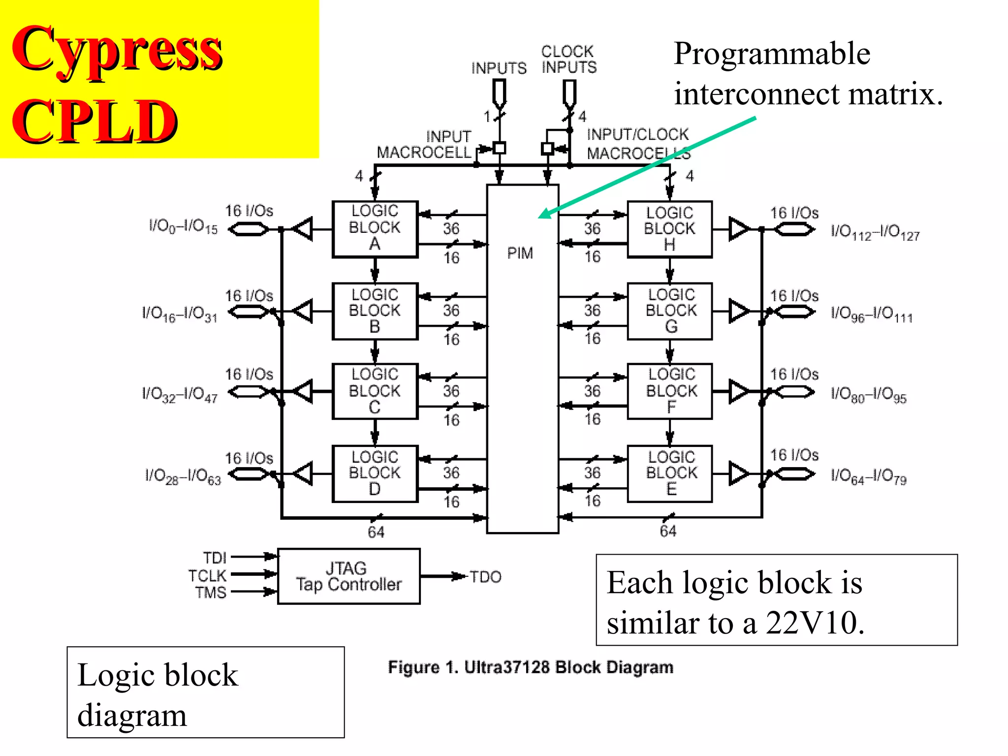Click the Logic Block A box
tap(375, 229)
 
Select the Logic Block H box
tap(669, 229)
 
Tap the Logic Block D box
tap(375, 473)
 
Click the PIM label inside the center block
tap(520, 253)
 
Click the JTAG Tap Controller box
tap(348, 576)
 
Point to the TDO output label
tap(485, 577)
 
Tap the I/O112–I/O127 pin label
tap(875, 232)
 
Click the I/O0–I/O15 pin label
tap(183, 227)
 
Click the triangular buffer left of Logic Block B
tap(303, 311)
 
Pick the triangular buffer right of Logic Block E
tap(739, 473)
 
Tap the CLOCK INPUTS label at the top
tap(568, 59)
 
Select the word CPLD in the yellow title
tap(94, 121)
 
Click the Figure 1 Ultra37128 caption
tap(530, 667)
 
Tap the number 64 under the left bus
tap(376, 532)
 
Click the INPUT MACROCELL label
tap(424, 145)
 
